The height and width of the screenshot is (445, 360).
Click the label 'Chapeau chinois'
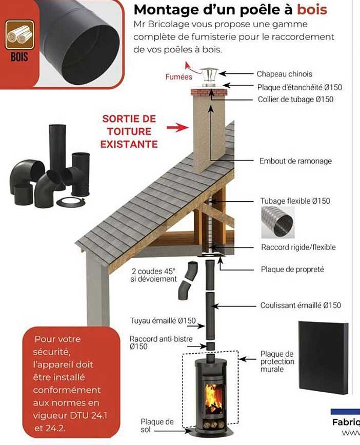284,74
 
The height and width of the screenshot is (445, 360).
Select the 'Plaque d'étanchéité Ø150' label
299,87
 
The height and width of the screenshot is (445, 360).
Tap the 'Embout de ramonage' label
295,161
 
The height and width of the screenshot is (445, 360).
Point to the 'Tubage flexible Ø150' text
295,201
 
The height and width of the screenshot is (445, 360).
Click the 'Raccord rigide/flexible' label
298,247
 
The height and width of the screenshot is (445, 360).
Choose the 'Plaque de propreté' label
292,269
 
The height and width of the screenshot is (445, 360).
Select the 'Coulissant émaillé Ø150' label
301,305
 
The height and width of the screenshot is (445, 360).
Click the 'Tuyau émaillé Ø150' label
163,321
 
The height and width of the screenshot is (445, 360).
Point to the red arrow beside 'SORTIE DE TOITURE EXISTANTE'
177,127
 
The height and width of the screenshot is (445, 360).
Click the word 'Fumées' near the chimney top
178,76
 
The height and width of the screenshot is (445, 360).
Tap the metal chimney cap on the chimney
208,78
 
